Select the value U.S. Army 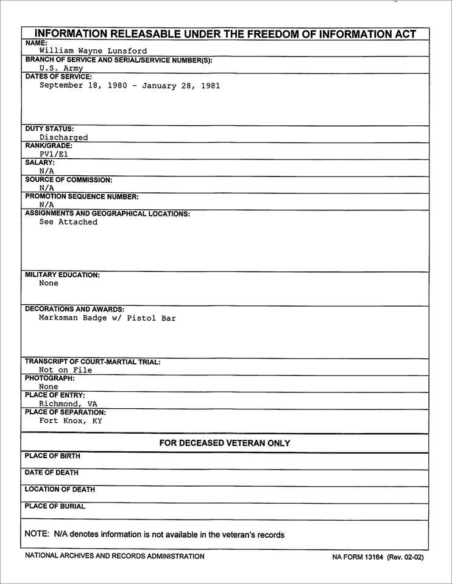pos(61,69)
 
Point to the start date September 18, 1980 pos(83,86)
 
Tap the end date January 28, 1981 pos(181,86)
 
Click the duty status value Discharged pos(63,137)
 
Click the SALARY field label pos(40,163)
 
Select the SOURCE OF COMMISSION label pos(68,180)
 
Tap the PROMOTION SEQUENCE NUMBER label pos(82,197)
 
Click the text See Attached pos(68,222)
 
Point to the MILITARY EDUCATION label pos(62,275)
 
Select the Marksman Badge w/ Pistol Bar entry pos(107,318)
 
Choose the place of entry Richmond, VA pos(68,403)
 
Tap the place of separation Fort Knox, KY pos(71,420)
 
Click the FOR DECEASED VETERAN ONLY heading pos(225,443)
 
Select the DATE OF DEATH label pos(52,473)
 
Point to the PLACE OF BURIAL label pos(55,506)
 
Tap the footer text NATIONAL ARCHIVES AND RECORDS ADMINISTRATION pos(115,556)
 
